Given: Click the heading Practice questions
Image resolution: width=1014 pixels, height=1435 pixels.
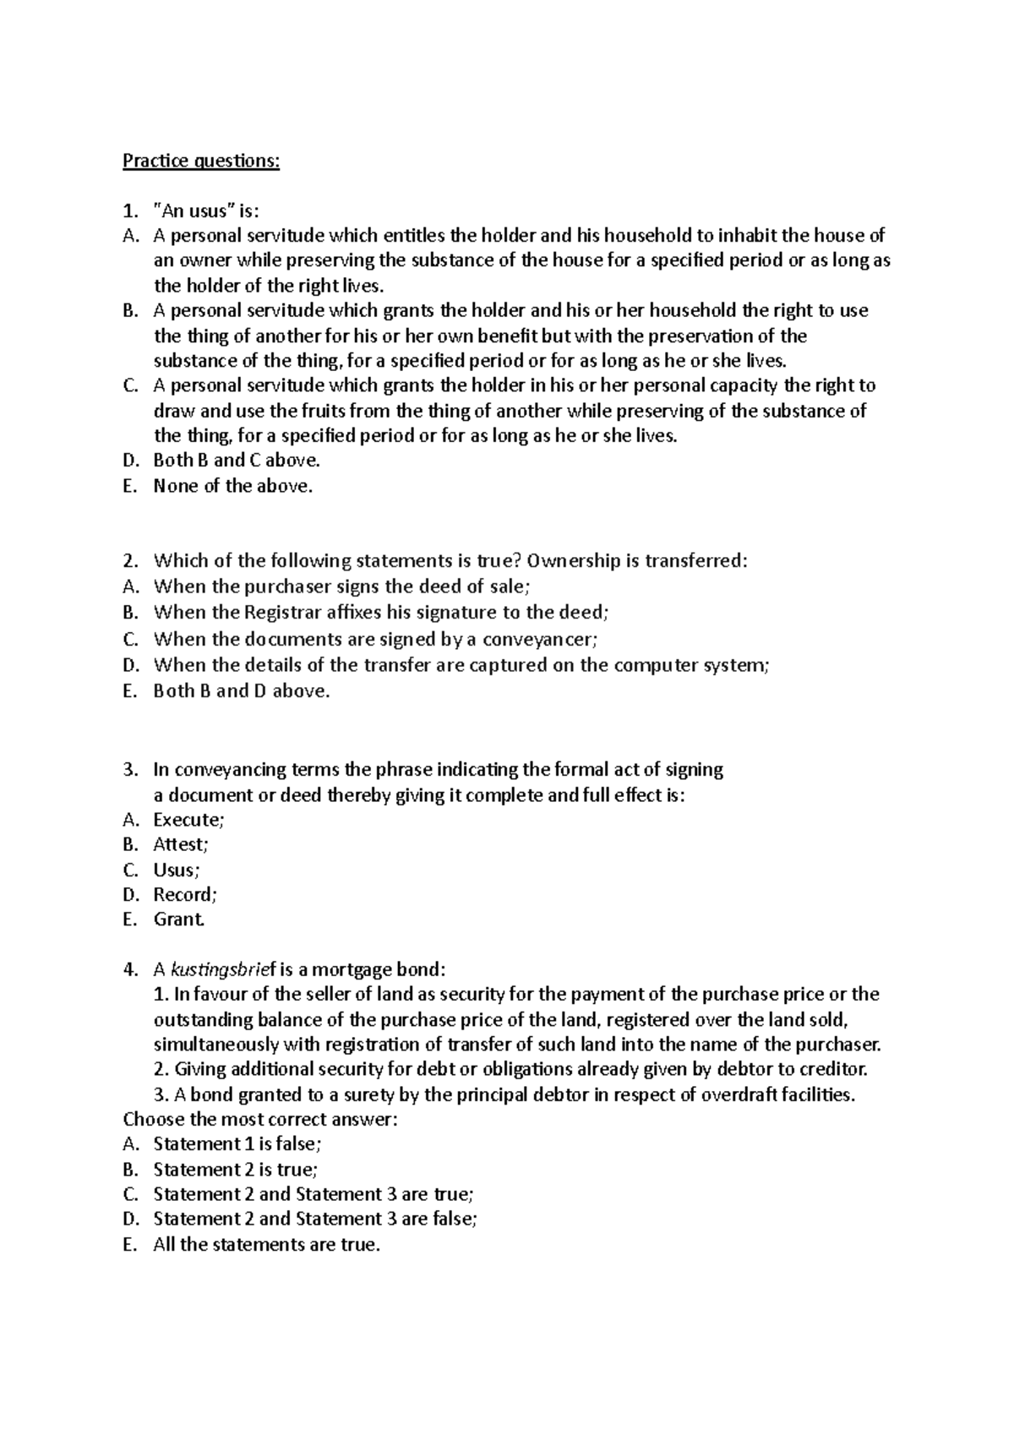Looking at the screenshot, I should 200,161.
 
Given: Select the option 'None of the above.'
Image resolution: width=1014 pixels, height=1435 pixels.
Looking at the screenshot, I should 232,486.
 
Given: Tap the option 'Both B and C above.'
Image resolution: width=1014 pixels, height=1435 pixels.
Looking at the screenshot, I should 237,461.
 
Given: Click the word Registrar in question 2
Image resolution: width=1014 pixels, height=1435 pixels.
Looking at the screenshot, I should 284,613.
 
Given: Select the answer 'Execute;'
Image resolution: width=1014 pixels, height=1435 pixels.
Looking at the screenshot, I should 188,820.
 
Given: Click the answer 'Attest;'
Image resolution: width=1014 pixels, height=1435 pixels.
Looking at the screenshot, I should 180,844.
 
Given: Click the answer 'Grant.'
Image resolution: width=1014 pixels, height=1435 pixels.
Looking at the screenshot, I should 178,919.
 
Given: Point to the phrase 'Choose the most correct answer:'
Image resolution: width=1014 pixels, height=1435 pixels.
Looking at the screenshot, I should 259,1120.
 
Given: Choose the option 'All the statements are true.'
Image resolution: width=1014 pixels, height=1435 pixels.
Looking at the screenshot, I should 267,1245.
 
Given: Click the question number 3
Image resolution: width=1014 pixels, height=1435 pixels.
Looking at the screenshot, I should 128,770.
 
